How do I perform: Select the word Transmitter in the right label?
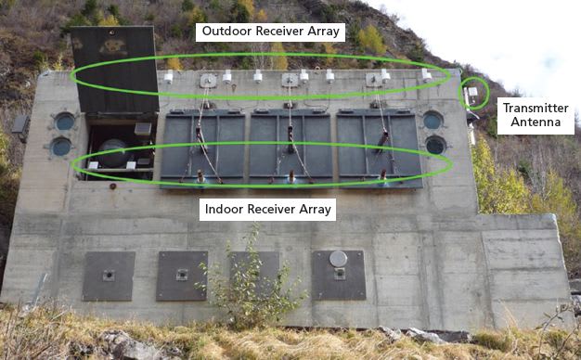click(x=535, y=109)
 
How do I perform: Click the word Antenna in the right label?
click(x=535, y=122)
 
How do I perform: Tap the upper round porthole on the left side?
click(x=64, y=122)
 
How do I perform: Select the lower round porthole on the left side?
click(x=61, y=147)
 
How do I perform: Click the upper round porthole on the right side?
click(x=433, y=121)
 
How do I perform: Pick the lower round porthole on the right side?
click(x=434, y=145)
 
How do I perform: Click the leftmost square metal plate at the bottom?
click(x=109, y=276)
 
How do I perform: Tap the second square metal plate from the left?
click(x=182, y=276)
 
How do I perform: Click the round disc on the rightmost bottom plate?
click(x=339, y=259)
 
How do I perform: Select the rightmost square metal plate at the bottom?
click(x=339, y=275)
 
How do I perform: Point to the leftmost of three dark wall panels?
click(x=201, y=147)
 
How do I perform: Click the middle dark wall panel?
click(x=290, y=147)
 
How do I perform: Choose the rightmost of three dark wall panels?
click(x=379, y=147)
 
